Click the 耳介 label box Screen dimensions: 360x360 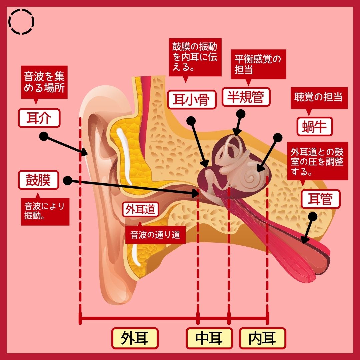click(39, 118)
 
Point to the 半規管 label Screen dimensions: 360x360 click(246, 97)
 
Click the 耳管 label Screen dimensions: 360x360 click(320, 199)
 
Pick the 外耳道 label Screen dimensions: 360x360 click(140, 209)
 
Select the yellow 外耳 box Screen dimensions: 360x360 click(134, 338)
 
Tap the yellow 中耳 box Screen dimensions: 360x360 click(209, 338)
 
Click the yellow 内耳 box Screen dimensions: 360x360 click(262, 338)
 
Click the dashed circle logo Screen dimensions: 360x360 click(22, 22)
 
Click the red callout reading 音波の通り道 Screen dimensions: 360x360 click(155, 235)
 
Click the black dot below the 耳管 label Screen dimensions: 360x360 click(312, 217)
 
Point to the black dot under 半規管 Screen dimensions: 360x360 click(241, 114)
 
